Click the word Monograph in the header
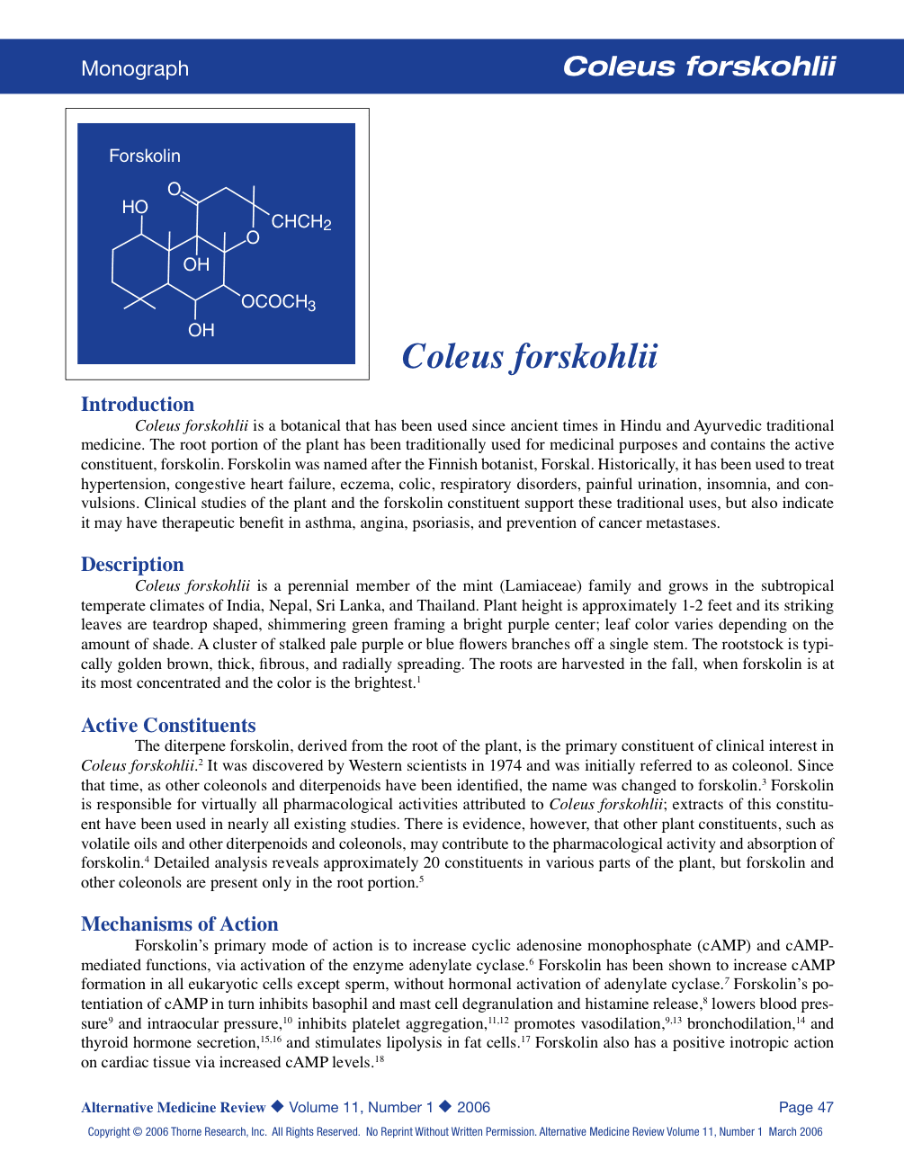135,68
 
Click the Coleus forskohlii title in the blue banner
699,67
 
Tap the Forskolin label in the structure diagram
145,156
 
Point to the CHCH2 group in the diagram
301,222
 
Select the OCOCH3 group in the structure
278,302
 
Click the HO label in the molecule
135,207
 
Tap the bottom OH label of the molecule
201,330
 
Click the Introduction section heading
138,404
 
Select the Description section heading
132,564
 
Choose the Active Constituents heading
168,725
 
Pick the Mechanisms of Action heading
179,924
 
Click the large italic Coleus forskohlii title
530,356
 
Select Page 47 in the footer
806,1107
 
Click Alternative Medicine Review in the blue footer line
173,1107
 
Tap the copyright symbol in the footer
138,1132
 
